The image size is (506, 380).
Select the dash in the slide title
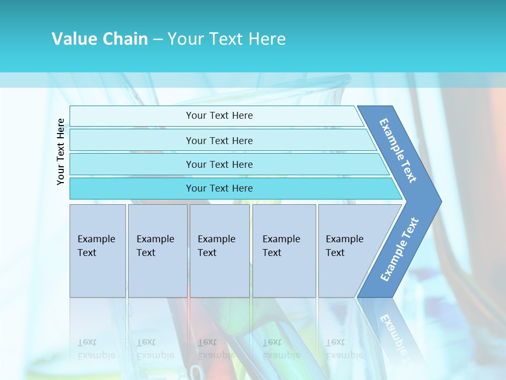[x=158, y=40]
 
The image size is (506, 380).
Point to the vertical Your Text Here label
[x=61, y=151]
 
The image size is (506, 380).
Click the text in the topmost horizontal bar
[x=219, y=116]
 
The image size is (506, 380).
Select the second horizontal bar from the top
[x=219, y=140]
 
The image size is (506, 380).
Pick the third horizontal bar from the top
[x=219, y=164]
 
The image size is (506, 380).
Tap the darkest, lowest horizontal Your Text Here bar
[x=219, y=188]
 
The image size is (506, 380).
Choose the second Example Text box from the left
[x=155, y=246]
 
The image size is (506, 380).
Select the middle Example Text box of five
[x=217, y=246]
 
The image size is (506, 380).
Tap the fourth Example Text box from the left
[x=281, y=246]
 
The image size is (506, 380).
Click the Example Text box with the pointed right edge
[x=345, y=246]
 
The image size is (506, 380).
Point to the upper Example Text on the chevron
[x=398, y=150]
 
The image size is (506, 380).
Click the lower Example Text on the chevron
[x=400, y=250]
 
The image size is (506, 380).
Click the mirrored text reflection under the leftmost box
[x=95, y=349]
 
